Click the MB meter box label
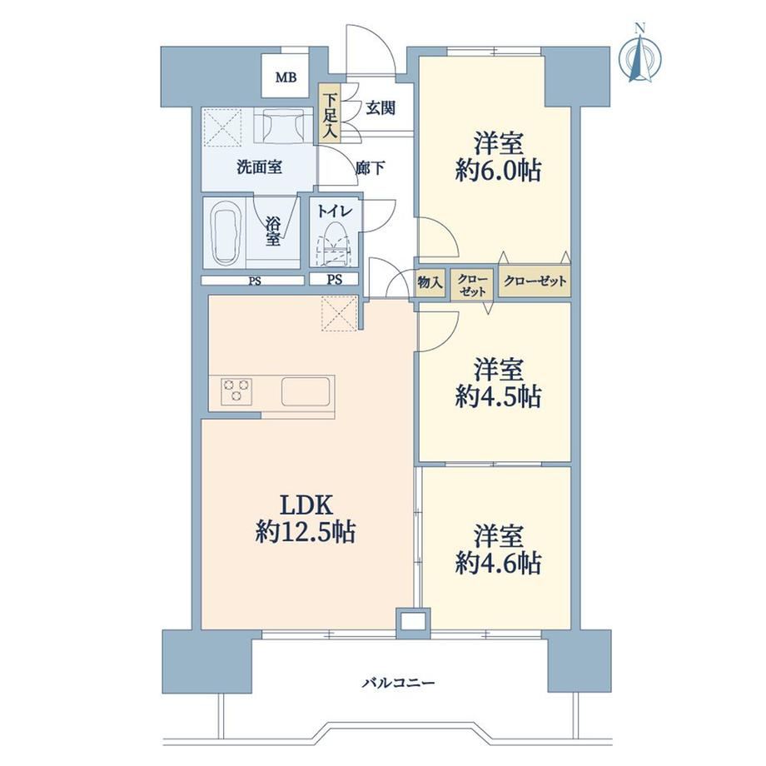click(x=286, y=77)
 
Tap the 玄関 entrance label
click(x=381, y=108)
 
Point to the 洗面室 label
click(x=259, y=167)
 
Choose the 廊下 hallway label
click(x=370, y=169)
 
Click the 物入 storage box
click(x=430, y=282)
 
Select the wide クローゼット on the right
click(x=535, y=281)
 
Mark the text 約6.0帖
click(x=498, y=172)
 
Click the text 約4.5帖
click(x=498, y=396)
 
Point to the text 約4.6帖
click(x=498, y=564)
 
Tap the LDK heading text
click(x=306, y=505)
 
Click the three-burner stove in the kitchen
click(x=236, y=390)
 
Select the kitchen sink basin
click(x=306, y=391)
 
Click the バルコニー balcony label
click(x=398, y=683)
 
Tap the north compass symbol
click(x=640, y=55)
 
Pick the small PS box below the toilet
click(x=334, y=280)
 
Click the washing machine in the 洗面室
click(x=283, y=125)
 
